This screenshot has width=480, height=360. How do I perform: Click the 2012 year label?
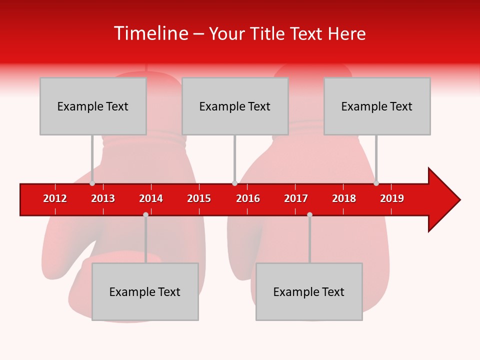(55, 198)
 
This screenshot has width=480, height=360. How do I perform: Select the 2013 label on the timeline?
(103, 198)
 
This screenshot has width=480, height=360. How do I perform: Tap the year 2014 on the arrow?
(151, 198)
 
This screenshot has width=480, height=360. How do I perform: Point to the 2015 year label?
(199, 198)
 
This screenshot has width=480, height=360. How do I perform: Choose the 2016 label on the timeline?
(248, 198)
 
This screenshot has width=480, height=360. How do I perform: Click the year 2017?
(296, 198)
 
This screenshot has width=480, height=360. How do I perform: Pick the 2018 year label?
(344, 198)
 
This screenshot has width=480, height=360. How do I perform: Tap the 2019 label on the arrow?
(392, 198)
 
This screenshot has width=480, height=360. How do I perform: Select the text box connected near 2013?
(93, 106)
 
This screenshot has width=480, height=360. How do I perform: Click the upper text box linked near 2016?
(235, 106)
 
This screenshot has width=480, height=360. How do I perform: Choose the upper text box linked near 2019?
(377, 106)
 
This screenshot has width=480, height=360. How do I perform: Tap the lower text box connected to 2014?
(145, 291)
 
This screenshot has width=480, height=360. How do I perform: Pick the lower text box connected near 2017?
(309, 291)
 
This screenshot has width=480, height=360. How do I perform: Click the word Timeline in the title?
(150, 33)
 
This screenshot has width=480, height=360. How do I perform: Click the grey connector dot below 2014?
(145, 214)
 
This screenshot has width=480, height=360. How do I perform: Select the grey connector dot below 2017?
(309, 214)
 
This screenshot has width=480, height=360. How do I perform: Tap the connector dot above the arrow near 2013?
(92, 183)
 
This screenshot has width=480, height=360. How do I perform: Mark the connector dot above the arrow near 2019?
(376, 183)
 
